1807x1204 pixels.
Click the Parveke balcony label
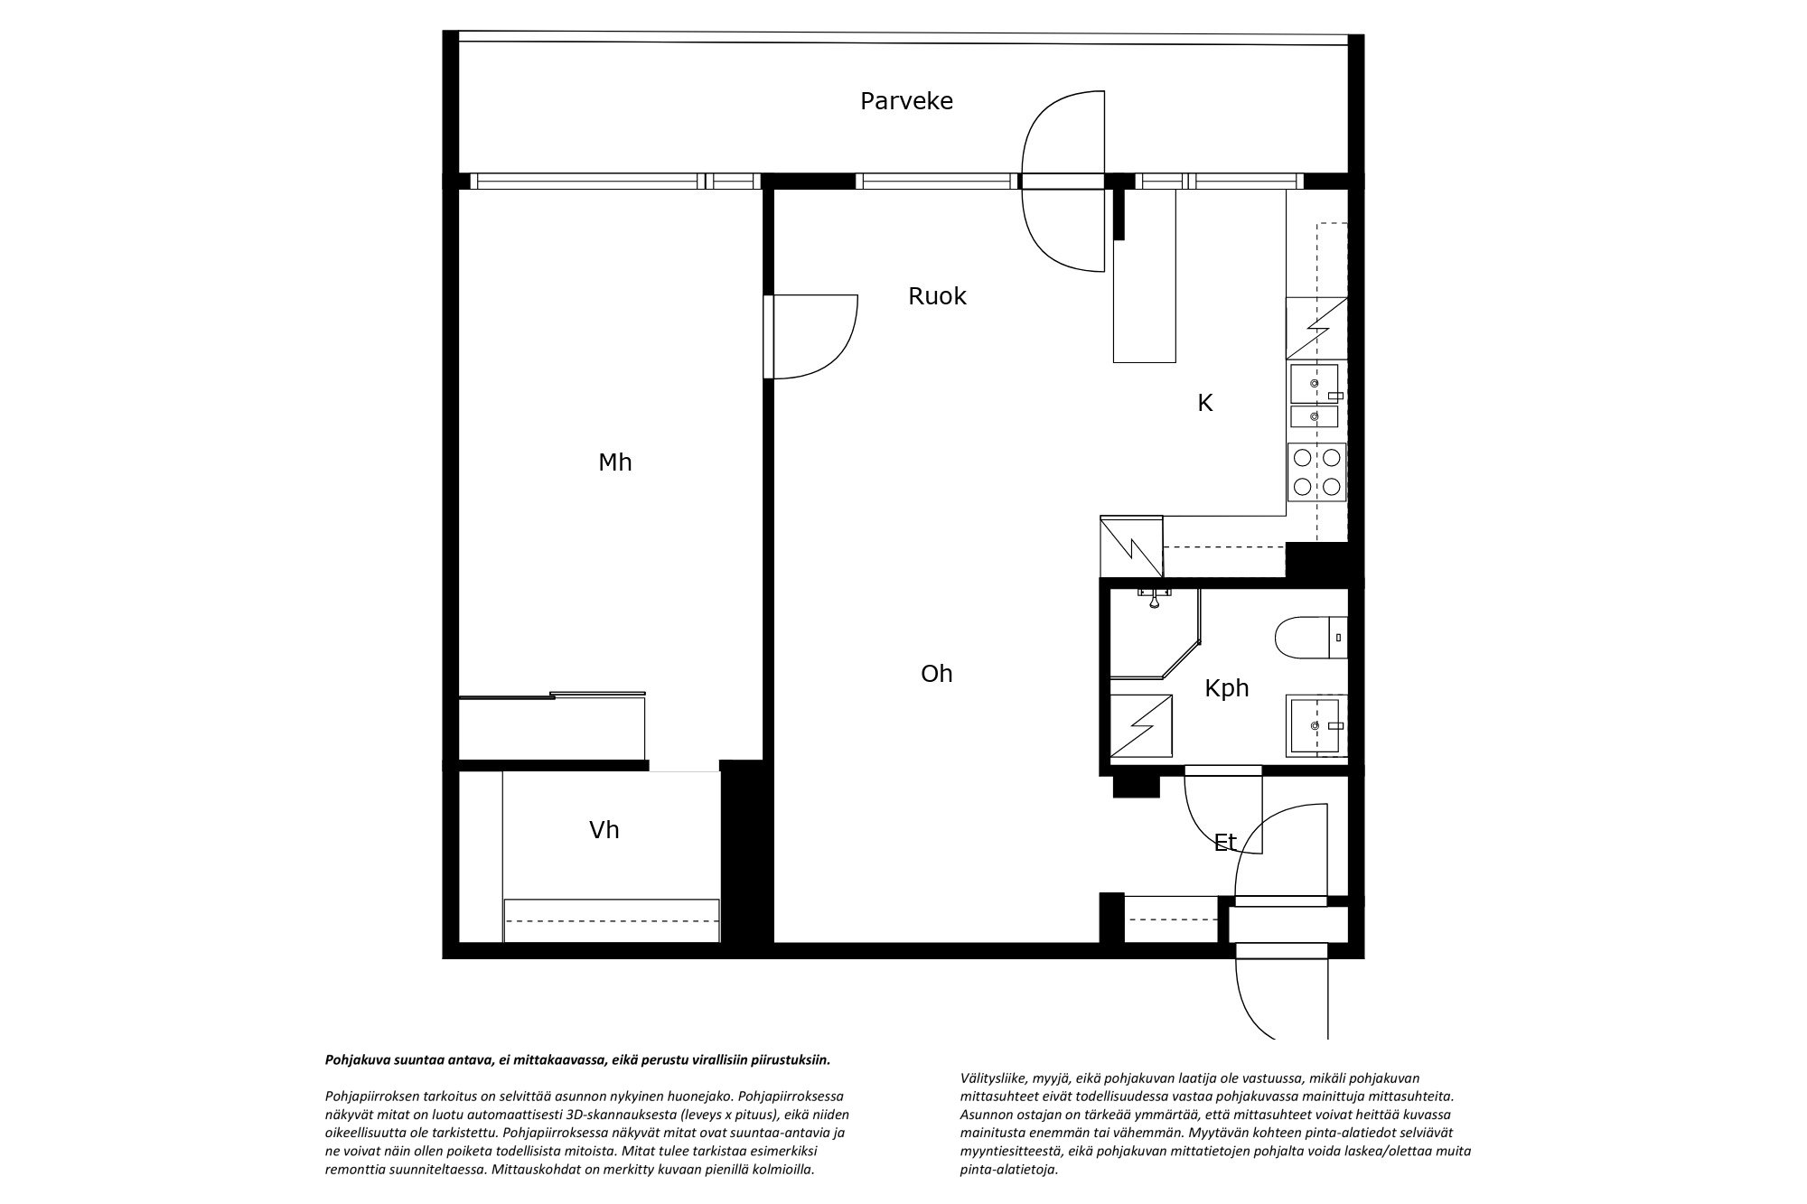(906, 101)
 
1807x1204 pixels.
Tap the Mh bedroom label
(615, 462)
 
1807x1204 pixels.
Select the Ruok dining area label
(937, 296)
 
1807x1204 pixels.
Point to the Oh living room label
(937, 674)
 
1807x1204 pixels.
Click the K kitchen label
(1204, 404)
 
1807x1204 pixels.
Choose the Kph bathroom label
(1227, 688)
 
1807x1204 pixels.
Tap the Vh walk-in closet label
(604, 830)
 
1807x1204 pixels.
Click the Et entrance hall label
(1225, 843)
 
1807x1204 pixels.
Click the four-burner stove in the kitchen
(1316, 471)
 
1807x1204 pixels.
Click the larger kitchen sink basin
(1315, 384)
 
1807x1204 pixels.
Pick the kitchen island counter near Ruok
(1145, 275)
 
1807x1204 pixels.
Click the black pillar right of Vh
(746, 853)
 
